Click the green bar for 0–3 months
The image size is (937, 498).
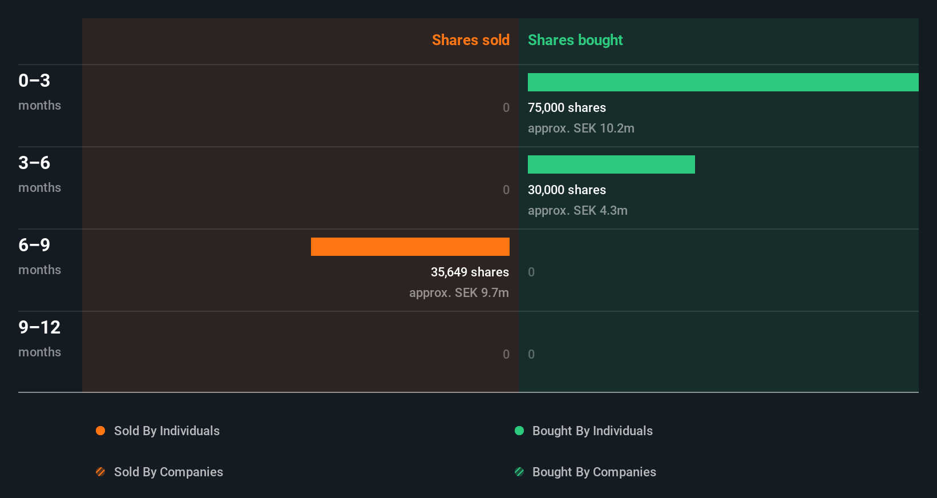tap(723, 82)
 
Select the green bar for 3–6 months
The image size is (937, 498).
tap(611, 164)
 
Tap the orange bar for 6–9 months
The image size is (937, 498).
tap(410, 247)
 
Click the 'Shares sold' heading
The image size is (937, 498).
tap(470, 40)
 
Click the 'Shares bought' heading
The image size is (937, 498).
tap(575, 40)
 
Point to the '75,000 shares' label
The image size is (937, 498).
tap(567, 107)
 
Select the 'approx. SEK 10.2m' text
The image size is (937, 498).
tap(581, 128)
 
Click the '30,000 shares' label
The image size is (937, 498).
tap(567, 190)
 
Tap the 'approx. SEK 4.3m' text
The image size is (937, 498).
tap(577, 210)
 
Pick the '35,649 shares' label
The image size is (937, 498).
tap(470, 272)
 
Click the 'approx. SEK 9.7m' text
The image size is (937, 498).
tap(459, 292)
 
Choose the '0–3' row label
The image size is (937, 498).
tap(34, 81)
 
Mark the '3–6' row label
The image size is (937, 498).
tap(34, 163)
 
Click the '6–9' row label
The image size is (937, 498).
tap(34, 245)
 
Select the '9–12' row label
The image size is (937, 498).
tap(39, 327)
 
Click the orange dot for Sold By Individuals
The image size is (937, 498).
tap(100, 431)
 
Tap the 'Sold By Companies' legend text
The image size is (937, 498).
tap(168, 472)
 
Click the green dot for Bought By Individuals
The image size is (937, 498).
tap(519, 431)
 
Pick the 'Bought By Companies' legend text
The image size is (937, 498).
tap(594, 472)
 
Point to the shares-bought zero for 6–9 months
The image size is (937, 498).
tap(531, 272)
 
